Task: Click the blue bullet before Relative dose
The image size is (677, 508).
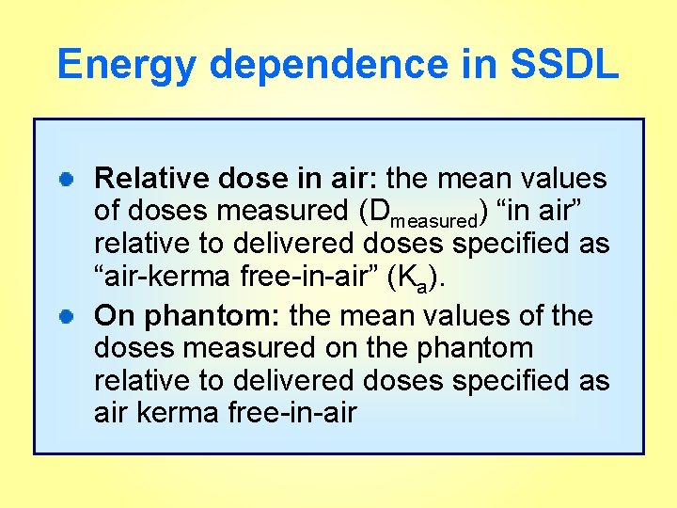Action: coord(69,179)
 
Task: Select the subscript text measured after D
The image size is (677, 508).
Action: coord(433,221)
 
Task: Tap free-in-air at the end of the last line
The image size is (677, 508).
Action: coord(292,415)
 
